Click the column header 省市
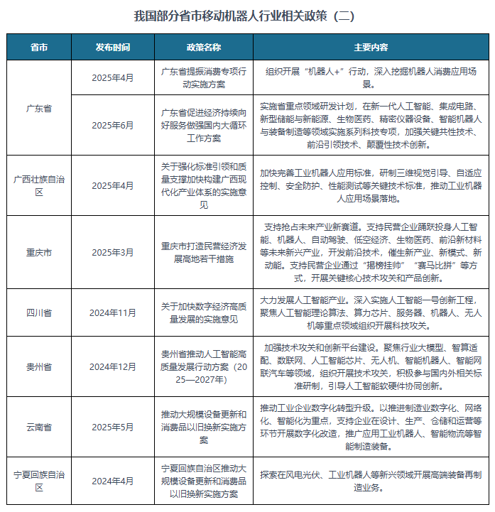click(39, 47)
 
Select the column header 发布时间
click(113, 47)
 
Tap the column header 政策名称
click(204, 47)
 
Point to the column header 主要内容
click(371, 47)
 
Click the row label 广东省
click(39, 108)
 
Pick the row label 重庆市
click(39, 253)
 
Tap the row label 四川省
click(39, 312)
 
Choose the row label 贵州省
click(39, 366)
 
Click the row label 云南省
click(39, 427)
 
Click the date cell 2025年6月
click(113, 125)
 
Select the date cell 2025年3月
click(113, 253)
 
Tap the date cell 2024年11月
click(113, 312)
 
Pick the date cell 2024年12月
click(113, 366)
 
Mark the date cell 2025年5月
click(113, 427)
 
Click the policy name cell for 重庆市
click(204, 253)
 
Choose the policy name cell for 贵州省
click(204, 366)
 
